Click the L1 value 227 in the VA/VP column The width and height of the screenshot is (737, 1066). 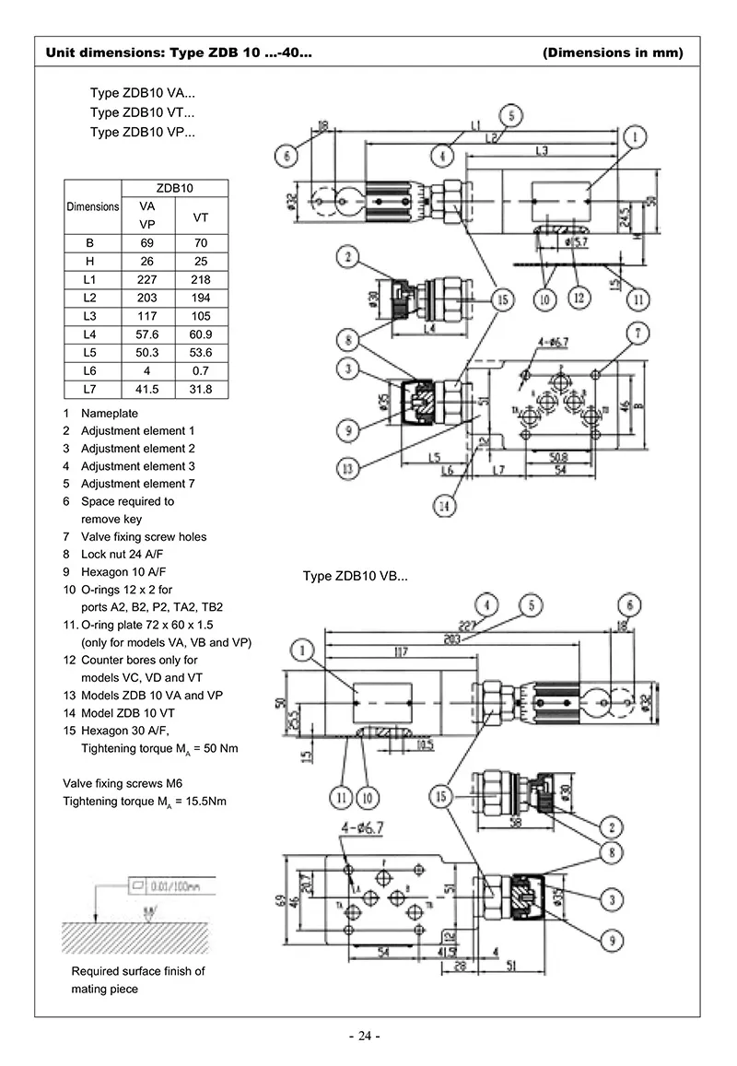146,279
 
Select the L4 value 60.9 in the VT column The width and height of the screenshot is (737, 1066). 199,334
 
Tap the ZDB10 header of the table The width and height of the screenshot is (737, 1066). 174,188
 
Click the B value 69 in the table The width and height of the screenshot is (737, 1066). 146,242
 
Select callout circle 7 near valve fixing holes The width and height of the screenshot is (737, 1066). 638,332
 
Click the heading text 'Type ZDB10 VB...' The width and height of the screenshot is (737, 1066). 356,577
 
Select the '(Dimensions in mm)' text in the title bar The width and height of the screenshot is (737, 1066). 614,53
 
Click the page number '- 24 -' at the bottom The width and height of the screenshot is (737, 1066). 365,1037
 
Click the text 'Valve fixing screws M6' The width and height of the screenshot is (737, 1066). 129,784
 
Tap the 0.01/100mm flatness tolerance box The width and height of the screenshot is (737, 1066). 171,886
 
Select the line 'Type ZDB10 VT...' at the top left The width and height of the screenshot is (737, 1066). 142,112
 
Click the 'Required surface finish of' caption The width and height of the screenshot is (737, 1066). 138,971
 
